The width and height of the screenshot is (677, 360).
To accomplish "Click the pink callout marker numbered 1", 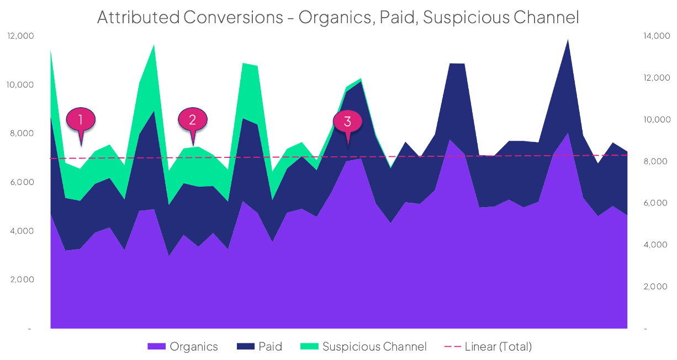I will (x=81, y=119).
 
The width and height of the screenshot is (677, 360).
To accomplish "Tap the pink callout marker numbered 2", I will (x=192, y=119).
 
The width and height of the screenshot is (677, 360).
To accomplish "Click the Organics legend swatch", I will (x=156, y=347).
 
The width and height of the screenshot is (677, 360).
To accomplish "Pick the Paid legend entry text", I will (x=270, y=347).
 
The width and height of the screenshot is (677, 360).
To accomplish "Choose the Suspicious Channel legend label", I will (x=374, y=347).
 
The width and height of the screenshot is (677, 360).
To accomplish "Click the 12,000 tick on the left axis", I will (x=20, y=36).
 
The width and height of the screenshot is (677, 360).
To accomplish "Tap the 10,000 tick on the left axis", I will (x=20, y=84).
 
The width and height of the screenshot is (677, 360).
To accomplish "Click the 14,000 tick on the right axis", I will (x=655, y=36).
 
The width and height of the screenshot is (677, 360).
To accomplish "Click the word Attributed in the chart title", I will (x=137, y=17).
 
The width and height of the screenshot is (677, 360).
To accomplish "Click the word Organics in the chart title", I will (x=334, y=17).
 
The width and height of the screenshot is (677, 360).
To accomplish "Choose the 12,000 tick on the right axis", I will (x=655, y=78).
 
